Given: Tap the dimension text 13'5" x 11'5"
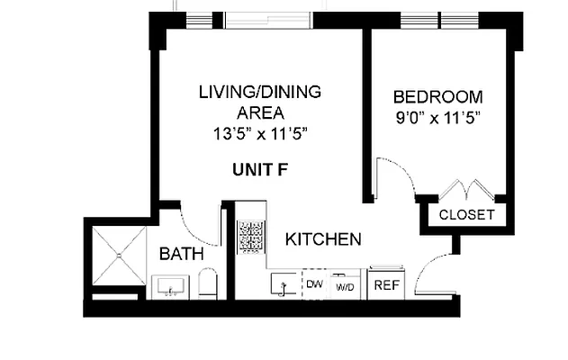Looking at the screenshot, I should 260,133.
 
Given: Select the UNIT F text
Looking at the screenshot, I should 260,169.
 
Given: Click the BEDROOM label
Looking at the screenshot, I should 438,97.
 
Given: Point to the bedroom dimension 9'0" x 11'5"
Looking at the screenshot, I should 438,118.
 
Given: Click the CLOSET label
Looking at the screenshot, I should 466,214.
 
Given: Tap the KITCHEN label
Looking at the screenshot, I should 323,239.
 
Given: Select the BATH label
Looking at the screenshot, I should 181,255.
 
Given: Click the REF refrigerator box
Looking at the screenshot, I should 386,284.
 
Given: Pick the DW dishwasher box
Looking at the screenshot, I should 314,284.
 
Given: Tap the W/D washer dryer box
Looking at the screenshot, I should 344,285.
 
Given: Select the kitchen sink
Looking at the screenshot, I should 284,284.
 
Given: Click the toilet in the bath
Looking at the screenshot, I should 208,285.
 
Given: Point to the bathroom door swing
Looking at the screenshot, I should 199,228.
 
